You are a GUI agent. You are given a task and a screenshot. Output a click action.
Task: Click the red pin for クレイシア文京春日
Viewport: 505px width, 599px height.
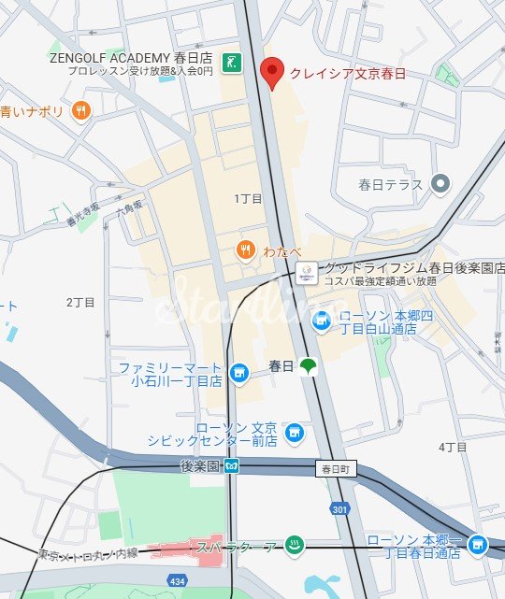click(271, 71)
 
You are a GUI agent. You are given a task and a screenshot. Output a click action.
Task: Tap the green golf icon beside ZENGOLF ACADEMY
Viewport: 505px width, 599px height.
click(233, 64)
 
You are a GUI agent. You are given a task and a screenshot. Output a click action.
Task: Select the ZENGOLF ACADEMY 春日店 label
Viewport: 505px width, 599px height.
click(130, 57)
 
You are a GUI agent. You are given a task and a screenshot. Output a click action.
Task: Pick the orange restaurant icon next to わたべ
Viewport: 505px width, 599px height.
click(244, 249)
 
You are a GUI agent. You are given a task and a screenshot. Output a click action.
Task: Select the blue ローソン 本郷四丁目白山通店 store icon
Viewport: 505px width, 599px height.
click(321, 321)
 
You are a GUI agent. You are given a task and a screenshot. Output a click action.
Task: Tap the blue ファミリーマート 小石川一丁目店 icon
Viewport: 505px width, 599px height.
click(239, 374)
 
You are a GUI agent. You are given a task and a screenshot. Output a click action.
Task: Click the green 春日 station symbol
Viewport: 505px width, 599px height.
click(308, 367)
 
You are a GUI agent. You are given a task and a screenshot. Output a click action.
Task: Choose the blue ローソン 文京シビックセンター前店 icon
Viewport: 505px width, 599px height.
click(294, 433)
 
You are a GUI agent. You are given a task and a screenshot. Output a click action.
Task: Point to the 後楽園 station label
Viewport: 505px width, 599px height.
click(200, 465)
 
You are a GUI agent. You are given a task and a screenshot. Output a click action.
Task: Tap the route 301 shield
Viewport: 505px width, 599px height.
click(339, 507)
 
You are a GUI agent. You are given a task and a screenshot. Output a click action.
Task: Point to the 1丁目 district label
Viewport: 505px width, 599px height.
click(248, 199)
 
